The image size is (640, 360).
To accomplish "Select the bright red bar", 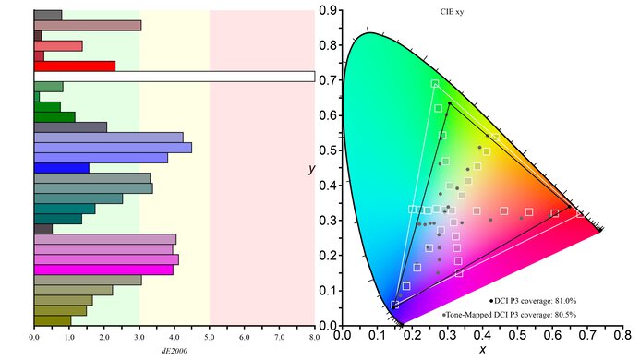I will pos(74,66).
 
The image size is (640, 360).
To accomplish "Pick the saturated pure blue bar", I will pos(61,168).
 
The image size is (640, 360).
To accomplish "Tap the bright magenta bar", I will pos(103,270).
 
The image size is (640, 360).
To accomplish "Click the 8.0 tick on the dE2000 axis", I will pos(314,338).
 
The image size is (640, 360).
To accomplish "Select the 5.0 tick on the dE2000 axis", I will pos(210,338).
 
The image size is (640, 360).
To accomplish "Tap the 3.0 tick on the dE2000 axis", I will pos(139,338).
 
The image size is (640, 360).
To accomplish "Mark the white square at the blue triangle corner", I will pos(395,305).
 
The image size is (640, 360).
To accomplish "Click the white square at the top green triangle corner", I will pos(435,84).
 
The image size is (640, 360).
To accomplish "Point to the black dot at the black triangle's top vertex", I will pos(450,103).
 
